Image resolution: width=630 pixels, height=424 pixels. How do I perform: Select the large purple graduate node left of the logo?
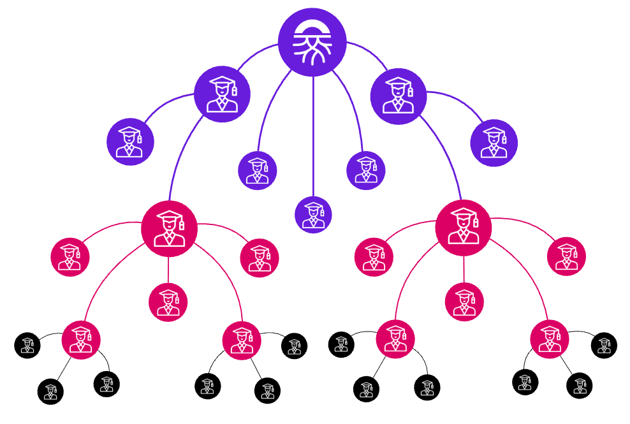click(x=222, y=94)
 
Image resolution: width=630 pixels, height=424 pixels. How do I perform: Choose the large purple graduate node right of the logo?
click(x=399, y=96)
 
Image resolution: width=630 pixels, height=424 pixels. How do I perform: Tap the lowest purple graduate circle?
click(x=313, y=214)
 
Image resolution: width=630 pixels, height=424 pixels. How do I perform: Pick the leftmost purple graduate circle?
click(x=130, y=142)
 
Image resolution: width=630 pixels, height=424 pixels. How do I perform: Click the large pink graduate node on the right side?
click(x=463, y=228)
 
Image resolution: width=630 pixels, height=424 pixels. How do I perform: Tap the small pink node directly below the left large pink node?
click(x=168, y=302)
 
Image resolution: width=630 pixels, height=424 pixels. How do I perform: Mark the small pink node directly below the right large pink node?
click(x=464, y=302)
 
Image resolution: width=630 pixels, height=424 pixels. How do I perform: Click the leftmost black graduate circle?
click(x=27, y=345)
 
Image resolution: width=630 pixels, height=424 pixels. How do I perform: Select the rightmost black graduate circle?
click(x=604, y=345)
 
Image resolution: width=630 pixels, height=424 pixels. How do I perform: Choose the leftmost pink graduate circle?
click(x=70, y=256)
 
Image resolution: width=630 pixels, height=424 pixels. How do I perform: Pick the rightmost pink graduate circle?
click(x=566, y=256)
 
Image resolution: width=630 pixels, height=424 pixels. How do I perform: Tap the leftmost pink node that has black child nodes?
click(x=81, y=339)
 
